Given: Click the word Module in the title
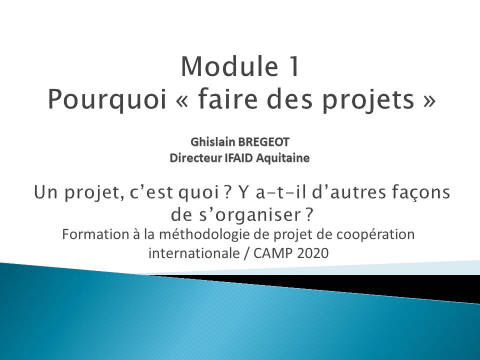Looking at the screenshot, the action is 230,66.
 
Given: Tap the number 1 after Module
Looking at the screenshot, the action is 294,66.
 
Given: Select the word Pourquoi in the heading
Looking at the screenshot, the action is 107,99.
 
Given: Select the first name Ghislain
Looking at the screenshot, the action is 213,141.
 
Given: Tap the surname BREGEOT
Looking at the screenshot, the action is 263,141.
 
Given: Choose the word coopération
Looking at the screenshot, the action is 375,235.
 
